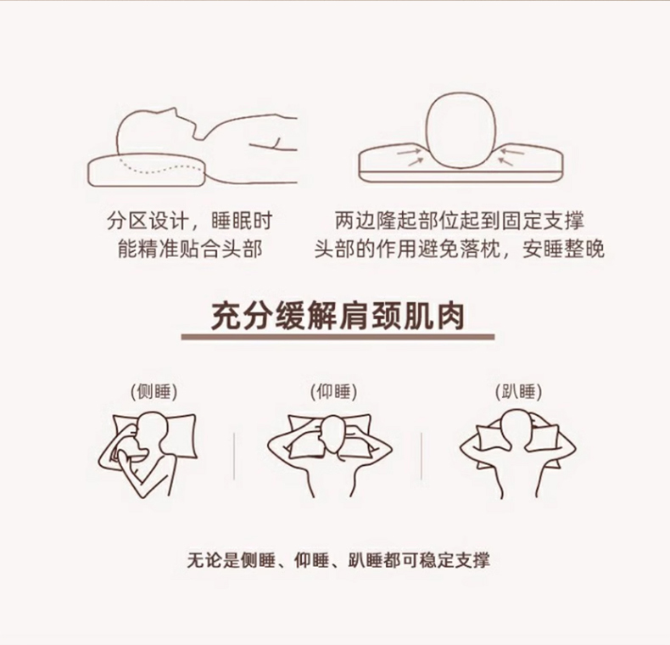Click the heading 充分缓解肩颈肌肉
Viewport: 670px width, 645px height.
pos(338,317)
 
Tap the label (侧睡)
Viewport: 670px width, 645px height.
pos(154,392)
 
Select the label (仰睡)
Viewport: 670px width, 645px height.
pos(333,392)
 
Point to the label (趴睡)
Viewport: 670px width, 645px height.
pos(519,392)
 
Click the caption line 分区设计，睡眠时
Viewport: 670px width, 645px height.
pos(190,222)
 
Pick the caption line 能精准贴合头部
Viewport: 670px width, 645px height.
pos(190,249)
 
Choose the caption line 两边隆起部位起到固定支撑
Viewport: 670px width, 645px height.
pos(460,222)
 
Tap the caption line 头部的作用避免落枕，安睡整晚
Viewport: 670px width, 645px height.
pos(460,249)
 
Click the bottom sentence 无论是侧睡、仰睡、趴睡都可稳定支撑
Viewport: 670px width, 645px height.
pos(338,560)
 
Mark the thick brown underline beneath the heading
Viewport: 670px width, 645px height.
pos(338,337)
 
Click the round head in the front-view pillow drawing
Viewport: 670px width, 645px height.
pos(461,131)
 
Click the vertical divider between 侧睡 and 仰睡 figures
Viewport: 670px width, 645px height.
pos(234,456)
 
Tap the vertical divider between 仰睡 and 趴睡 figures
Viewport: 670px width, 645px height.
pos(422,456)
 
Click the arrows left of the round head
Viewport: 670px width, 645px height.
pos(410,156)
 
